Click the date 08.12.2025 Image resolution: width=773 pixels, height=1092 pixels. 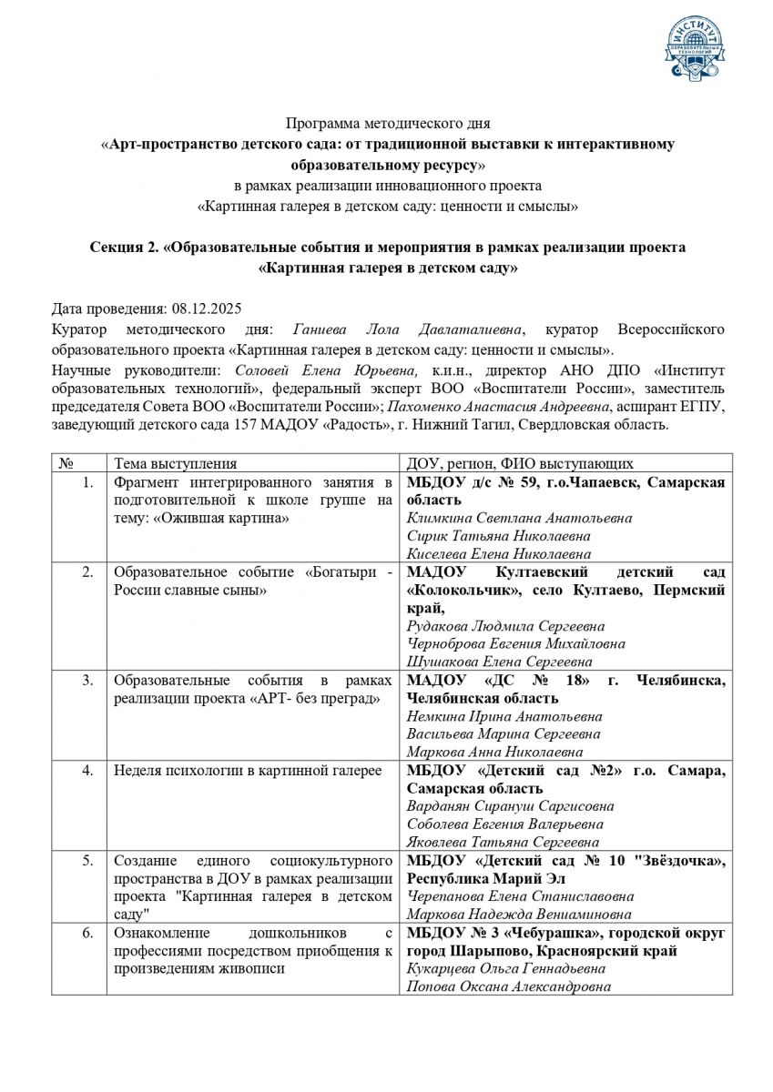click(x=210, y=308)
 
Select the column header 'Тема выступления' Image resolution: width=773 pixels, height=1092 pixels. click(x=175, y=463)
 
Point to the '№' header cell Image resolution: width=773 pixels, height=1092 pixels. click(x=66, y=463)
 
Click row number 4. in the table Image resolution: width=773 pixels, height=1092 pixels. click(x=87, y=770)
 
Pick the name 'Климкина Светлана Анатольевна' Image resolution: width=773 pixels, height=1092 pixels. click(x=519, y=518)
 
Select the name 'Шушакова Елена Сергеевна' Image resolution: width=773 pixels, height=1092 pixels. click(x=500, y=662)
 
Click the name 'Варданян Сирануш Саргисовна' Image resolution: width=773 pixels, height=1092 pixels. click(x=510, y=805)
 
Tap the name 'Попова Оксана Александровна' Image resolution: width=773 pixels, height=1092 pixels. click(x=509, y=986)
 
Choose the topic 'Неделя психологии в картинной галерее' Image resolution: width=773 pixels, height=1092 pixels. click(x=248, y=770)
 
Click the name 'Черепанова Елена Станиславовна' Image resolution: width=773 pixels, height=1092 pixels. click(x=520, y=895)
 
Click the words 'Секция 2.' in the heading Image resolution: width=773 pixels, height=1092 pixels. click(x=126, y=248)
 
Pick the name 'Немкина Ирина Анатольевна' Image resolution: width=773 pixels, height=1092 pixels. click(x=503, y=716)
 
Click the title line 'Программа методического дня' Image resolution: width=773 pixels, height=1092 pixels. click(x=387, y=123)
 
